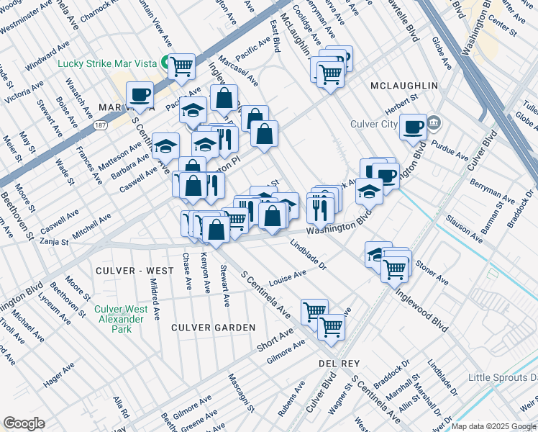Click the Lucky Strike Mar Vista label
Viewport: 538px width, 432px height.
107,63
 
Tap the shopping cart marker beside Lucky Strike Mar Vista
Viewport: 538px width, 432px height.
182,66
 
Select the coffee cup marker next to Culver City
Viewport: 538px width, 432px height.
413,127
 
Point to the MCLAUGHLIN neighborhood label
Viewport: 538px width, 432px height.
403,86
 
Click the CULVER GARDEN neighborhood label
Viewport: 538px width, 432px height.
213,328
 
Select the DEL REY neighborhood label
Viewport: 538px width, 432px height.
339,364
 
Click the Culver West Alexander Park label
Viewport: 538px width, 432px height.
122,319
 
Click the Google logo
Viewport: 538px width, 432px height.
24,423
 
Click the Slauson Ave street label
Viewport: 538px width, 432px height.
463,228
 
